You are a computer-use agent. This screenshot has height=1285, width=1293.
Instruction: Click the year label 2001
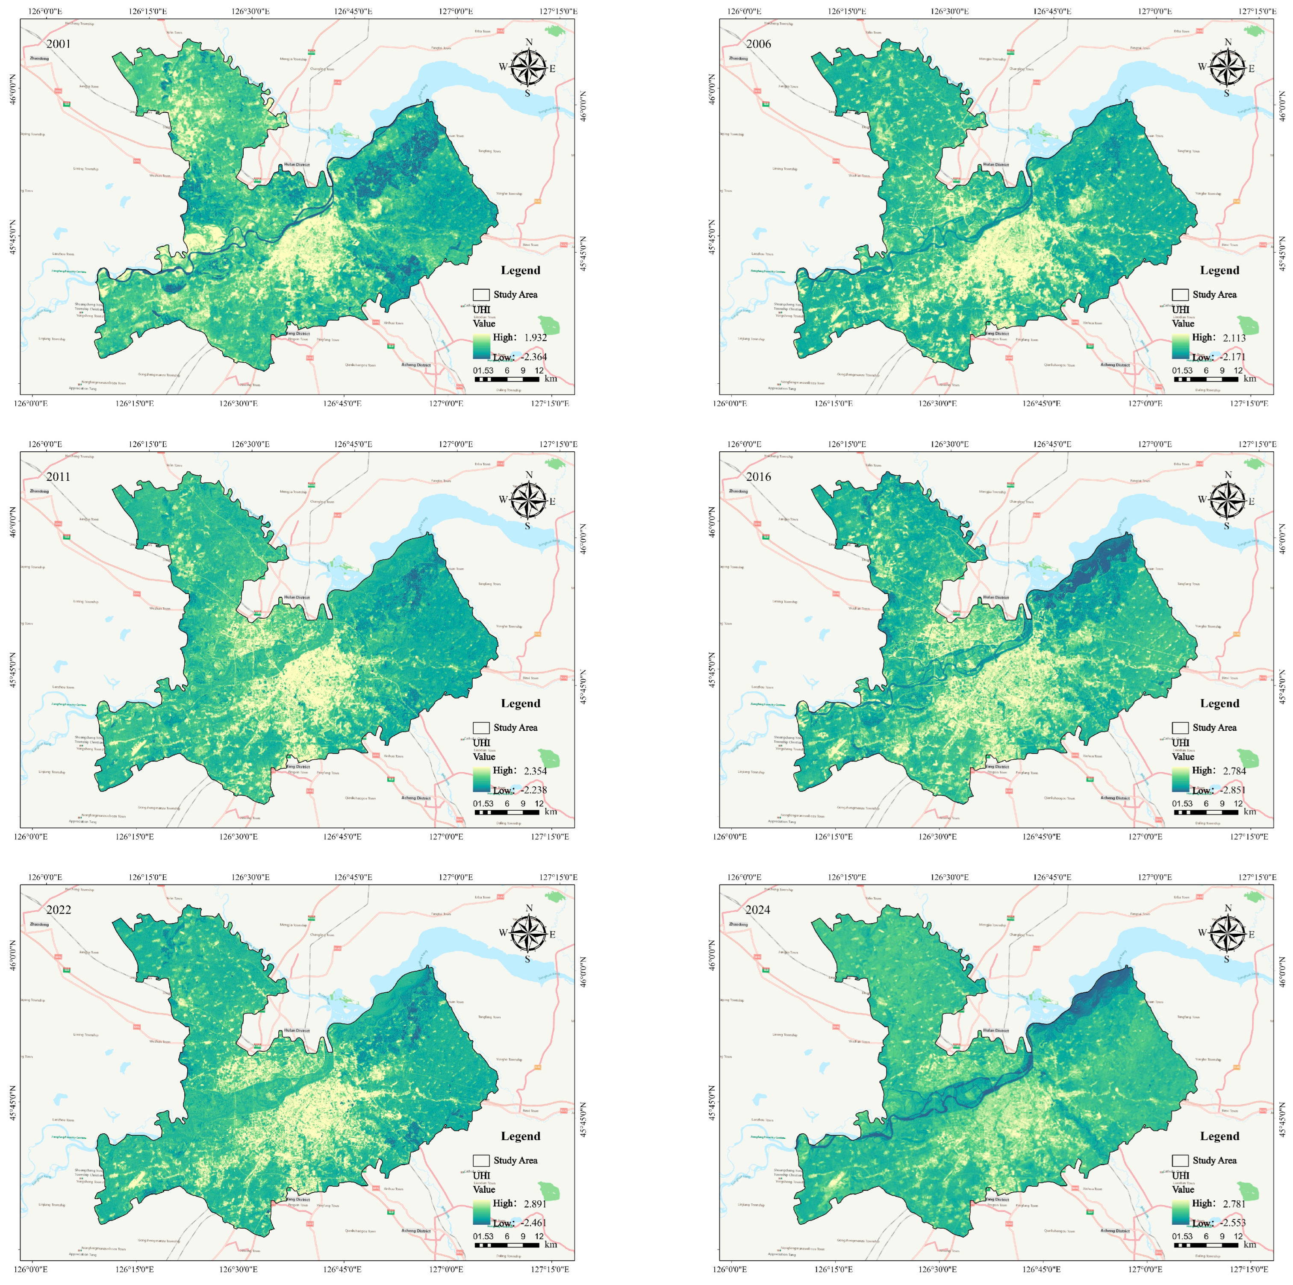click(x=58, y=44)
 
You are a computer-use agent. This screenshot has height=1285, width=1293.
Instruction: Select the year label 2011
click(x=58, y=477)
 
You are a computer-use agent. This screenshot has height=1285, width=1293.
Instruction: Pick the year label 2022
click(x=58, y=910)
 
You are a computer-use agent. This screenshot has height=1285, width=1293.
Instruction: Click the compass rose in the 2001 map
click(x=529, y=68)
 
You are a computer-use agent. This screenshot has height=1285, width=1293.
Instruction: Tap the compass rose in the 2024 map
click(x=1228, y=933)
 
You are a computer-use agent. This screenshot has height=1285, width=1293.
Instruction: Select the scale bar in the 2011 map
click(x=507, y=812)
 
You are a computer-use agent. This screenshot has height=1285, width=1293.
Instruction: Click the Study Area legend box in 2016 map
click(x=1180, y=728)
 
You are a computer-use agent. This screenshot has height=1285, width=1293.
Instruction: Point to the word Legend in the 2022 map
click(x=520, y=1136)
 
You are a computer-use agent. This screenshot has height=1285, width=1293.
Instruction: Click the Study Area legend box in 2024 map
click(x=1180, y=1161)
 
